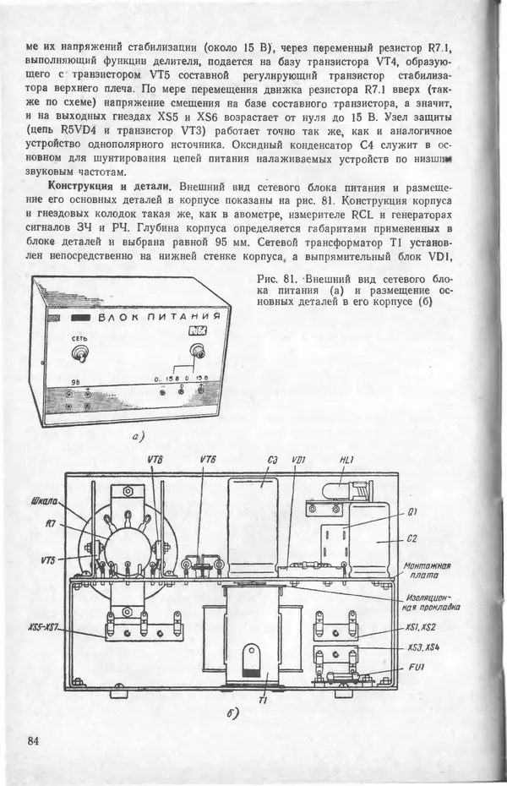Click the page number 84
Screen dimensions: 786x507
[34, 741]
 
